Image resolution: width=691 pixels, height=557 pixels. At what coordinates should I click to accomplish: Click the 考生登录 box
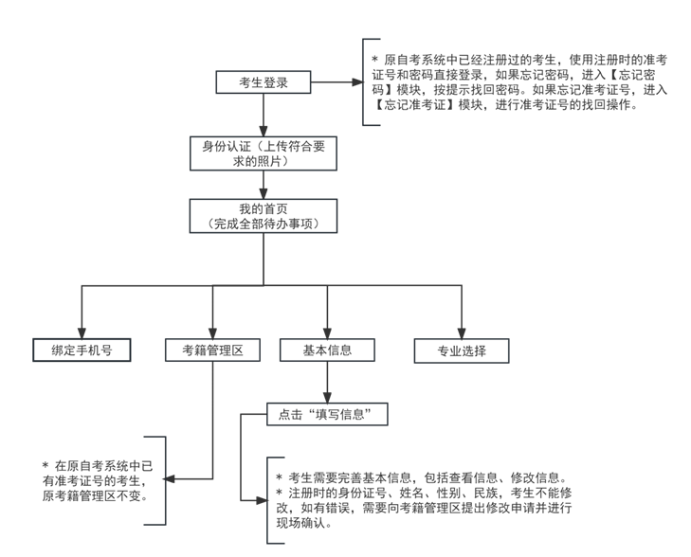click(264, 82)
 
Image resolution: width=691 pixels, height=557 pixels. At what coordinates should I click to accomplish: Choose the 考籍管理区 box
click(212, 350)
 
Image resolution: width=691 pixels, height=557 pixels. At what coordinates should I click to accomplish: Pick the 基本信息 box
click(327, 350)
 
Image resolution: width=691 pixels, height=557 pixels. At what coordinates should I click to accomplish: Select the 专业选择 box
click(462, 350)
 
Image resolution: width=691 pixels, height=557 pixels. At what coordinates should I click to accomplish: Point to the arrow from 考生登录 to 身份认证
click(264, 115)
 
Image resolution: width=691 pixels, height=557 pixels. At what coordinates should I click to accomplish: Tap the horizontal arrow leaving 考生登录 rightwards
click(336, 82)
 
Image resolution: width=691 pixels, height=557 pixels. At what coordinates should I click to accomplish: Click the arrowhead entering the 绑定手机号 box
click(82, 331)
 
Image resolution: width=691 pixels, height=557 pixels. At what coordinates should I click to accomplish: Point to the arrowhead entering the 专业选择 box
click(462, 331)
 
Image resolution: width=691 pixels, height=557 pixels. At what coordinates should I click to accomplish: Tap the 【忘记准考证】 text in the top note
click(418, 105)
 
